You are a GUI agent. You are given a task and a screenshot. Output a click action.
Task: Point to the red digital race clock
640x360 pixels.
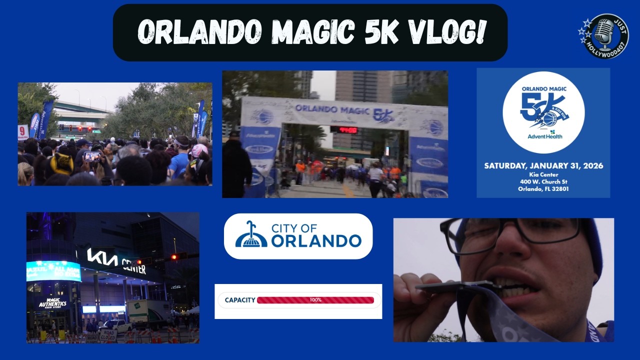(x=344, y=130)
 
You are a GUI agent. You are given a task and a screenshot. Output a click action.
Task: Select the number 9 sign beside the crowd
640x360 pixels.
(x=23, y=132)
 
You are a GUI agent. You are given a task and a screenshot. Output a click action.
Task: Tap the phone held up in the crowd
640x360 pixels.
(x=92, y=156)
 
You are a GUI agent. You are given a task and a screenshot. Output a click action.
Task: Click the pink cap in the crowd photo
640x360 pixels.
(x=199, y=150)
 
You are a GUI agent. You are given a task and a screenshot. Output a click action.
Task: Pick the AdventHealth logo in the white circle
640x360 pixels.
(x=545, y=134)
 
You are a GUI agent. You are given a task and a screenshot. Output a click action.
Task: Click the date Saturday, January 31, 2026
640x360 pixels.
(x=543, y=165)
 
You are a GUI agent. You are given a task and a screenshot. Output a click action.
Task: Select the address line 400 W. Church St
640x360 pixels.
(x=543, y=181)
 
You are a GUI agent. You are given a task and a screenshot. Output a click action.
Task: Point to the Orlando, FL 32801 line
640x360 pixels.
(x=543, y=189)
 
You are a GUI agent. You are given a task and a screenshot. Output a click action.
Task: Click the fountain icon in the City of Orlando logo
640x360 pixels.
(x=251, y=235)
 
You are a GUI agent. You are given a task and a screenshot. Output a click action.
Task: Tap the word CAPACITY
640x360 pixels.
(x=240, y=300)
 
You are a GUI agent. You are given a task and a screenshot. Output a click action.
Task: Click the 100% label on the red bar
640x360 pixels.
(x=315, y=300)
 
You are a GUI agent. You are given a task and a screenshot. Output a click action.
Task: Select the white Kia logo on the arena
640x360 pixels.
(x=102, y=257)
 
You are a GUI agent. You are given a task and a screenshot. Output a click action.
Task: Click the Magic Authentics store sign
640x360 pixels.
(x=53, y=302)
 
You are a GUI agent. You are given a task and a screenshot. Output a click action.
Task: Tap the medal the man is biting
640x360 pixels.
(x=452, y=286)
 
